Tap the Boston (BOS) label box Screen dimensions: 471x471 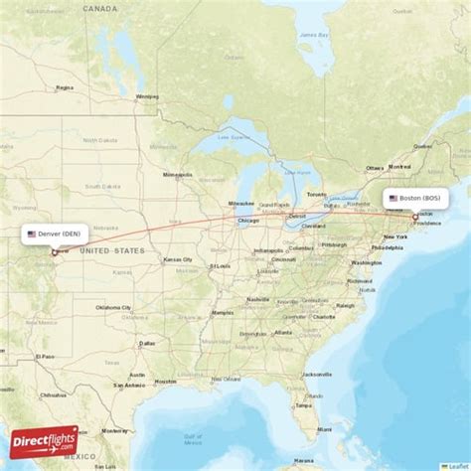(416, 199)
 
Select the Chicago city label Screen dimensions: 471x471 (248, 221)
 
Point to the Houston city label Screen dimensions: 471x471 (165, 381)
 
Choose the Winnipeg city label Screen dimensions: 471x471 (147, 96)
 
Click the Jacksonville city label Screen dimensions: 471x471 (318, 374)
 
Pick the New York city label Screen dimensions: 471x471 (394, 236)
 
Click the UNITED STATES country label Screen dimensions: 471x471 (111, 250)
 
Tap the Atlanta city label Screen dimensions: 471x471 (284, 332)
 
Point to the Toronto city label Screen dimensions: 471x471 (316, 194)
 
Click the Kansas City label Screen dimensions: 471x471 (179, 259)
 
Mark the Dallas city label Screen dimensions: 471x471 (147, 344)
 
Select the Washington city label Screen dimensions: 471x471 (366, 262)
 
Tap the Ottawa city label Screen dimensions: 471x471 (375, 168)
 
